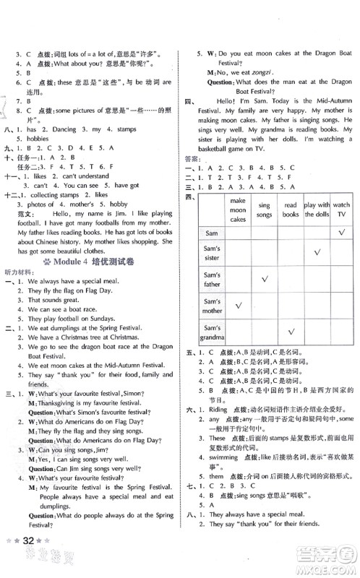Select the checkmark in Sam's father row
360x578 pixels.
[x=291, y=278]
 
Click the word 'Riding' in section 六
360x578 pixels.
[x=216, y=428]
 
